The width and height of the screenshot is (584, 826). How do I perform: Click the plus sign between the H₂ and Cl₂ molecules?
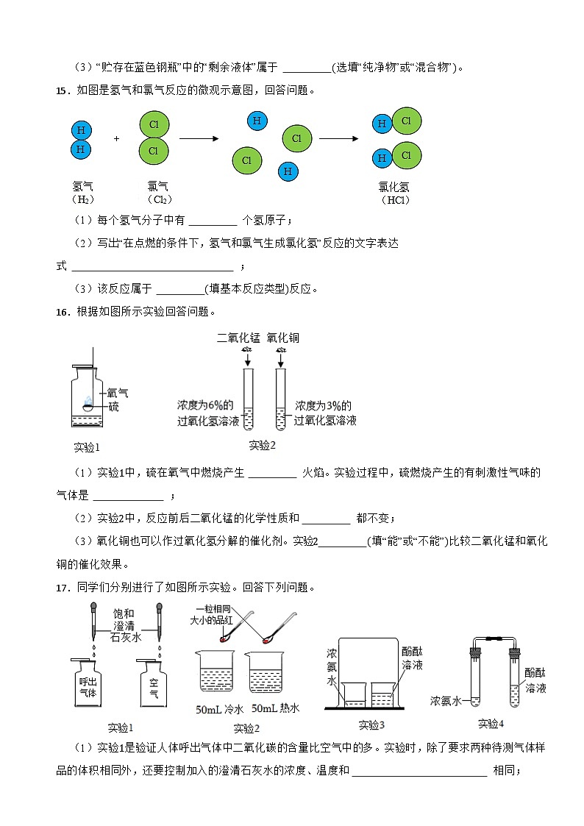point(116,138)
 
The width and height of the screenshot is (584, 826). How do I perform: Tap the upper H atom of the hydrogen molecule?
point(82,130)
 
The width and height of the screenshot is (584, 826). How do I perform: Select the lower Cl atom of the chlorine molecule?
point(154,151)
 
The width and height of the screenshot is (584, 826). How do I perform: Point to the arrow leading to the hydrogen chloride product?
point(338,138)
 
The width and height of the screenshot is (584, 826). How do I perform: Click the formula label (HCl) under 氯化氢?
point(395,200)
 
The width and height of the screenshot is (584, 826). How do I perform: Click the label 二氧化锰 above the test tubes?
point(238,338)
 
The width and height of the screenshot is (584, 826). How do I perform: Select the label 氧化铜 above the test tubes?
point(283,338)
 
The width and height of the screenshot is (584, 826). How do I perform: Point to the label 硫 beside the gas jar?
point(113,407)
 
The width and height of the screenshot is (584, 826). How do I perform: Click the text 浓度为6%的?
point(205,405)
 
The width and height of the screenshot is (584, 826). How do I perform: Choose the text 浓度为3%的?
point(324,405)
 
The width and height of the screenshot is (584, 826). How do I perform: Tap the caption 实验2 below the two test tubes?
point(262,445)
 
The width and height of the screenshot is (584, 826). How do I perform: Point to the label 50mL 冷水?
point(218,710)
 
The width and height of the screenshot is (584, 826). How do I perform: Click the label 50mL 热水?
point(276,708)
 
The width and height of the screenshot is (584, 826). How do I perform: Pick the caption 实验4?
point(491,724)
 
